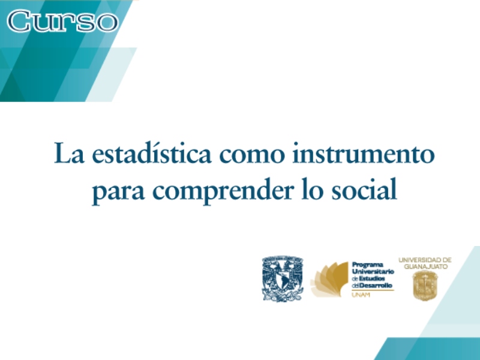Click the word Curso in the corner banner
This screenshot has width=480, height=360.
tap(62, 21)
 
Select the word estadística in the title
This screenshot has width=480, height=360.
tap(152, 152)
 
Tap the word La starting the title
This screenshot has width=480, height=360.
tap(69, 153)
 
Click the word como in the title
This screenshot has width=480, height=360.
tap(252, 155)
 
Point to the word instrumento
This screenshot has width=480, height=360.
tap(364, 153)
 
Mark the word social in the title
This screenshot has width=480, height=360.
tap(364, 188)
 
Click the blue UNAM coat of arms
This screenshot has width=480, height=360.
tap(283, 279)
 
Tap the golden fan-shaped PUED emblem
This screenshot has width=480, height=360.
tap(329, 279)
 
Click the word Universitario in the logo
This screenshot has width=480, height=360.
tap(373, 272)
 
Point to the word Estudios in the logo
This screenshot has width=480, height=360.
tap(371, 278)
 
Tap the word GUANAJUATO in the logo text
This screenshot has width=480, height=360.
tap(425, 266)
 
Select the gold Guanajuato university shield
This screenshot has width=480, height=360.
tap(425, 286)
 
